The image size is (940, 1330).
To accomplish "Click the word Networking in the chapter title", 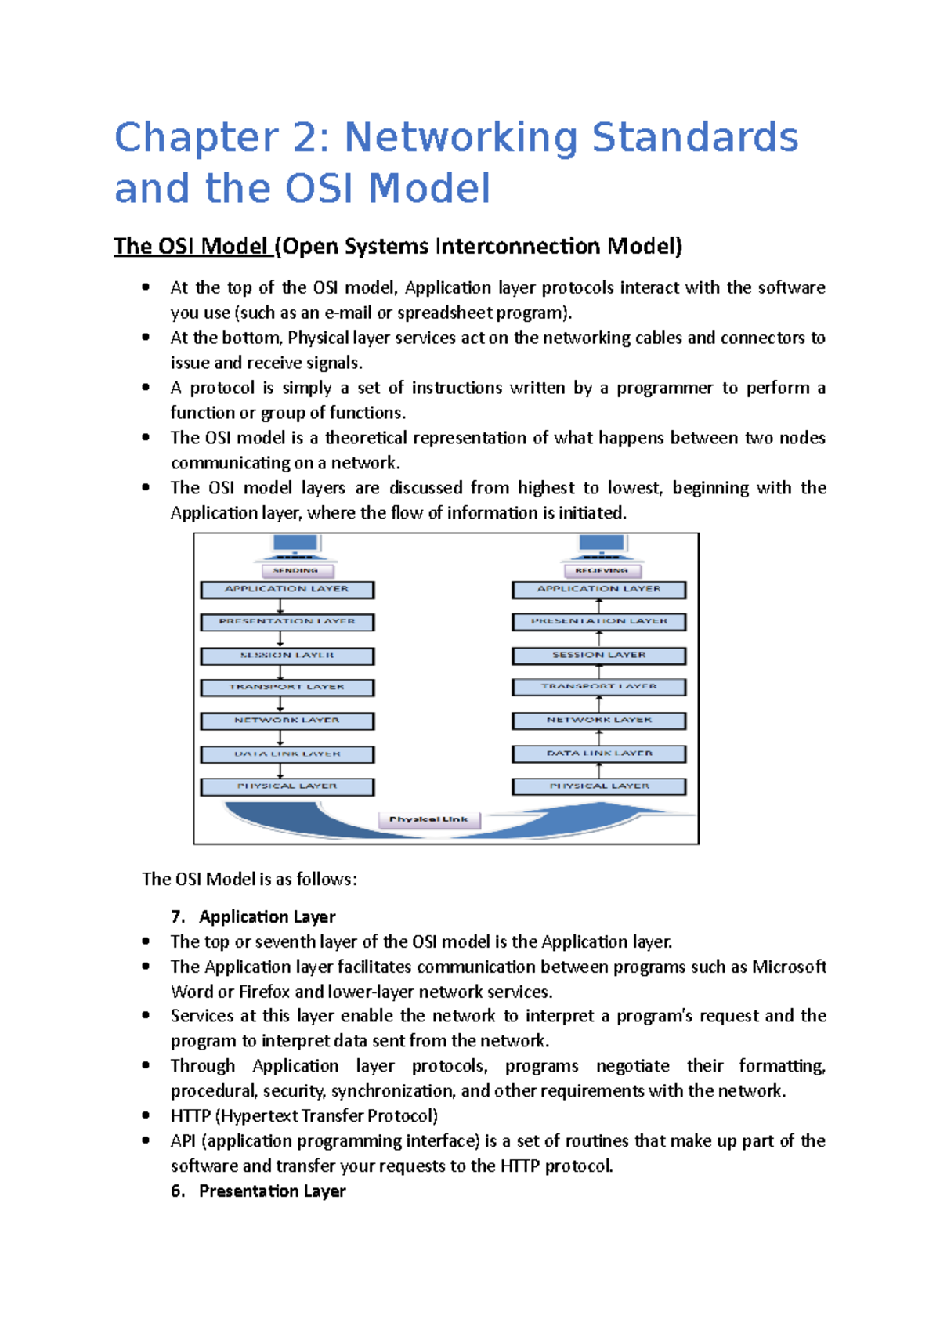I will click(x=461, y=137).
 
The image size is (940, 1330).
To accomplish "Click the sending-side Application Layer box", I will click(x=287, y=589).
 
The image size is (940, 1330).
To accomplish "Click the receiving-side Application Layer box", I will click(x=598, y=589).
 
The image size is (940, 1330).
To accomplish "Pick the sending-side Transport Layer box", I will click(x=287, y=687).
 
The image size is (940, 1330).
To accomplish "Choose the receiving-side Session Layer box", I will click(x=598, y=655).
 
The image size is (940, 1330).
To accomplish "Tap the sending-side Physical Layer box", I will click(x=287, y=786).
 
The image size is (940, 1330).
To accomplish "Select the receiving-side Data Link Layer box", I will click(x=598, y=754).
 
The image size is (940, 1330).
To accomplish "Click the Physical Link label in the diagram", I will click(x=428, y=819).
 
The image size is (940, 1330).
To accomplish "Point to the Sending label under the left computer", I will click(x=295, y=571).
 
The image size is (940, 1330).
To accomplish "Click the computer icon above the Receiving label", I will click(x=602, y=545).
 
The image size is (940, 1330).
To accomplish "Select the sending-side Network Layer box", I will click(x=287, y=721).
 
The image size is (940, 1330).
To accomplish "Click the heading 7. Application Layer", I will click(x=253, y=916).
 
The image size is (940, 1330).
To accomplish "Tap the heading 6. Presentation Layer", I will click(x=258, y=1191).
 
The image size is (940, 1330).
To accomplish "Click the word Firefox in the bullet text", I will click(x=264, y=992).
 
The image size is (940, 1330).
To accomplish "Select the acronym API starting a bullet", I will click(x=183, y=1141).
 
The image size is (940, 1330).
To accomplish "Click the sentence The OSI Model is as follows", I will click(x=249, y=879).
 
